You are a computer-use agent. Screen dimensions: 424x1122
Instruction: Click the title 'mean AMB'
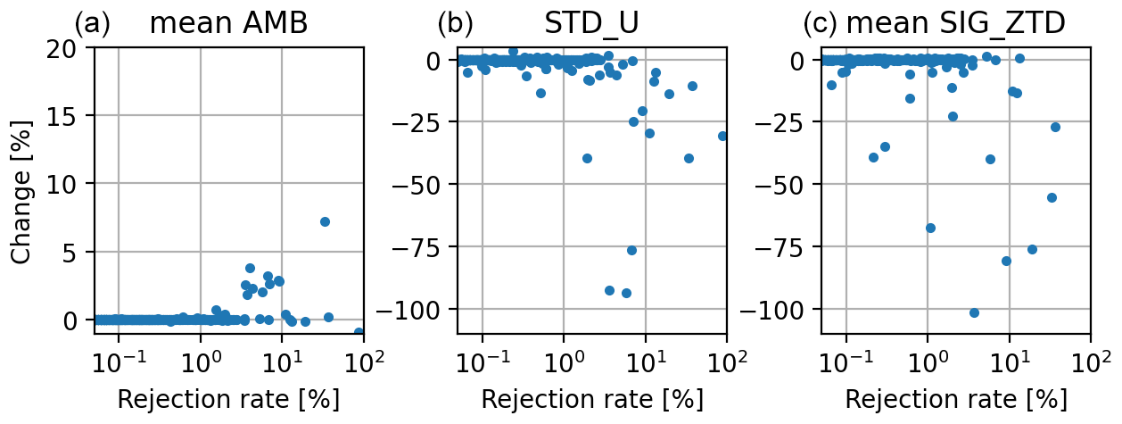[x=228, y=23]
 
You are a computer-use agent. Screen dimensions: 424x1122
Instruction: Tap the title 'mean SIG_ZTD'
[x=955, y=23]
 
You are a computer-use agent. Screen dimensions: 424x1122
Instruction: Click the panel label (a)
[x=92, y=23]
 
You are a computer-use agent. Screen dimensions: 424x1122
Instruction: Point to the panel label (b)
[x=455, y=23]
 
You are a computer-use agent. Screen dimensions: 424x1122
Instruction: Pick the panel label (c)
[x=820, y=23]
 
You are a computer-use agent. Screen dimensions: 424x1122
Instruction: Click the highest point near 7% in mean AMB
[x=325, y=221]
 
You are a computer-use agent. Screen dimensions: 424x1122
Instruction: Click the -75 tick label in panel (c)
[x=782, y=246]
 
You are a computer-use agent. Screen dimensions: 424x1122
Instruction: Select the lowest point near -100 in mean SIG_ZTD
[x=974, y=312]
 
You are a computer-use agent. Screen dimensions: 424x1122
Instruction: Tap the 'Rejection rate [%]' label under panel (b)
[x=591, y=400]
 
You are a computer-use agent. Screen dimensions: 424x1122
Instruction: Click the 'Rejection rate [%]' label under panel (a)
[x=228, y=400]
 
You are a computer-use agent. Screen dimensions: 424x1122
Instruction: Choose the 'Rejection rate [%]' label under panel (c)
[x=955, y=400]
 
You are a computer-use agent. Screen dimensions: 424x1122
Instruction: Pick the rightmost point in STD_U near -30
[x=723, y=136]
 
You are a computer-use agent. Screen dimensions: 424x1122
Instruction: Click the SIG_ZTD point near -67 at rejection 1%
[x=930, y=228]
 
